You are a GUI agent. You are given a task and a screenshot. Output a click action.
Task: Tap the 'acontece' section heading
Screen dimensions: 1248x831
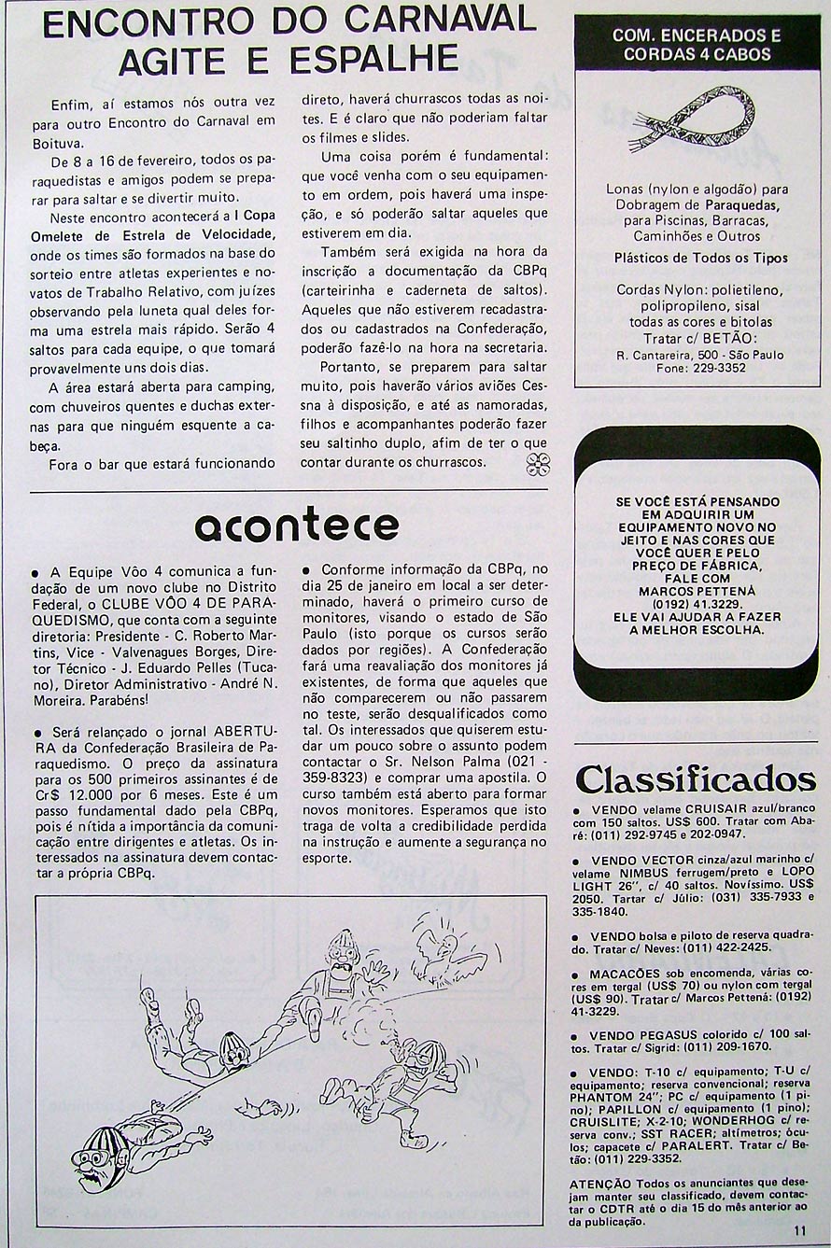point(297,526)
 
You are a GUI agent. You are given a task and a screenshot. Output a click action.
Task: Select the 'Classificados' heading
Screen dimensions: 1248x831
point(696,779)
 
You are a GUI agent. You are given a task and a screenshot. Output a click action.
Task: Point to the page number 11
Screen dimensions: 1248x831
point(800,1231)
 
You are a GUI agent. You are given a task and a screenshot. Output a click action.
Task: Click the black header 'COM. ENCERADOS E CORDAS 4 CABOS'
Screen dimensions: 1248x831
point(697,45)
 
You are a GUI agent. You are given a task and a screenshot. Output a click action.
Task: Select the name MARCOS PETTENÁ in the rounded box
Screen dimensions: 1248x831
point(697,591)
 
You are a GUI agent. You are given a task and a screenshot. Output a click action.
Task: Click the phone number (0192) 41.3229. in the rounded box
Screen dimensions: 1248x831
point(697,604)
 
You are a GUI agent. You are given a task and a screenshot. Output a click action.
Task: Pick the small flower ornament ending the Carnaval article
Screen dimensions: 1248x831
point(538,464)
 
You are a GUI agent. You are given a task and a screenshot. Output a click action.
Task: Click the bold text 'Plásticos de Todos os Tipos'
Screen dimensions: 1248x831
point(700,258)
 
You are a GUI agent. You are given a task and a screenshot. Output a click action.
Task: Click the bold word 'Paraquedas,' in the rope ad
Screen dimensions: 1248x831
point(743,204)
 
